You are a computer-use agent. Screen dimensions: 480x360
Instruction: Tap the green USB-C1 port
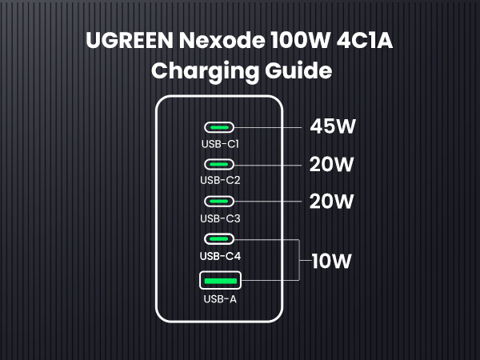point(220,127)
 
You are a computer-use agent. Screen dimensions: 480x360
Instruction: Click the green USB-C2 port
point(220,164)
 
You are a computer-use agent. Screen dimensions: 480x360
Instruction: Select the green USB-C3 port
point(220,202)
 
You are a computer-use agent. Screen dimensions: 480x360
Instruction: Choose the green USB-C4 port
point(220,238)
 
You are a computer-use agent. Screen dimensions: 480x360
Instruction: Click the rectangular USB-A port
point(220,280)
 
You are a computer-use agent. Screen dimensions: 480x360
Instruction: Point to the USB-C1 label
point(220,144)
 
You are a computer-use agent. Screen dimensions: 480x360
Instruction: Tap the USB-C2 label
point(220,181)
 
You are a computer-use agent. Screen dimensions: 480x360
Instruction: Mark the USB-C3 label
point(220,218)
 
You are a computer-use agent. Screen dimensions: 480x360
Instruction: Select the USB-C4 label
point(220,256)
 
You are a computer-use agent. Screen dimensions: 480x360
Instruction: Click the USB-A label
point(220,300)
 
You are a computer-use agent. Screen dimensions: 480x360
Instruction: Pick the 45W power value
point(332,127)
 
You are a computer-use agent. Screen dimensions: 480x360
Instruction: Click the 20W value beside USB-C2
point(331,165)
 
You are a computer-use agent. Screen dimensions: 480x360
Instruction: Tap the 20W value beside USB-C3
point(331,202)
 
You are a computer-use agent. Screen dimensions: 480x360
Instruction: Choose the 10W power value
point(331,261)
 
